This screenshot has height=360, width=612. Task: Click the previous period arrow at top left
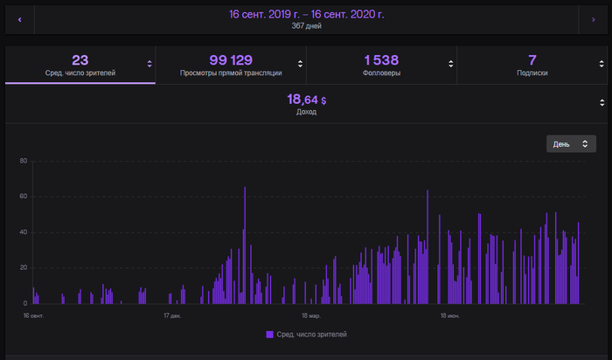19,18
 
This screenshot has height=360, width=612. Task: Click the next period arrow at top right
593,18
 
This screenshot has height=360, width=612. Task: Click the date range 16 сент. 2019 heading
306,14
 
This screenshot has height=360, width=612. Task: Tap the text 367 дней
306,26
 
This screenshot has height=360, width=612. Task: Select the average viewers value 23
80,59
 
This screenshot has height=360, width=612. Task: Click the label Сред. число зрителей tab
80,73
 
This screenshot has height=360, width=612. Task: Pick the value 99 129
231,59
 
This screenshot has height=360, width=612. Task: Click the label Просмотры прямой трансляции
231,73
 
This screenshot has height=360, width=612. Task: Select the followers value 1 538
381,59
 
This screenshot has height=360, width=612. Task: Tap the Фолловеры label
381,73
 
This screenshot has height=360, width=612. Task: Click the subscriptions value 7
532,59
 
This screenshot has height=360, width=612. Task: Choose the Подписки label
532,73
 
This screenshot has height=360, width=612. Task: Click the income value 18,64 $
306,100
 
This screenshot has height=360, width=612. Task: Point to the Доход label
306,113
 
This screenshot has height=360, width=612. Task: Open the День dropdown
571,143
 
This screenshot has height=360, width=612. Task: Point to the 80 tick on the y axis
24,161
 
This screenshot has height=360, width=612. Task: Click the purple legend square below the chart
269,335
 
